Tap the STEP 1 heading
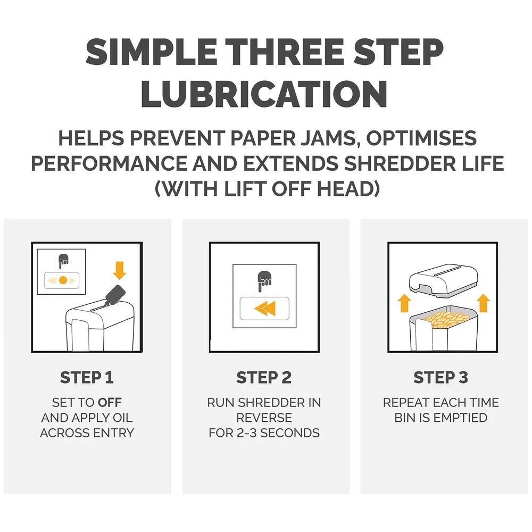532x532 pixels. point(87,377)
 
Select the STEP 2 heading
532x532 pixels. point(264,377)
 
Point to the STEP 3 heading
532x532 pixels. point(440,377)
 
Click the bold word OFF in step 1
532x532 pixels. point(110,402)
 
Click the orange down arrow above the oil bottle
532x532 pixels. point(119,270)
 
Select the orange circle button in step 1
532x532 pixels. point(63,280)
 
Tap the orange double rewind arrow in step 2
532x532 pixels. point(265,309)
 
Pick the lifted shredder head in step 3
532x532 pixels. point(444,281)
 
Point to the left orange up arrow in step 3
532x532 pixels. point(404,303)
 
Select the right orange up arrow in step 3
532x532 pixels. point(483,303)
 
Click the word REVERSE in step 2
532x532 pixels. point(264,418)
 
